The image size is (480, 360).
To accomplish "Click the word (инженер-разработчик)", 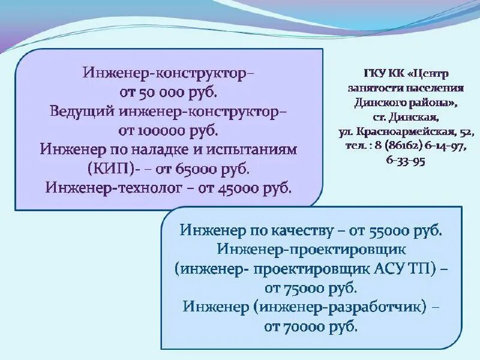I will pos(339,306).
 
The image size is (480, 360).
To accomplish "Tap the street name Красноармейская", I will pos(408,129).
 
